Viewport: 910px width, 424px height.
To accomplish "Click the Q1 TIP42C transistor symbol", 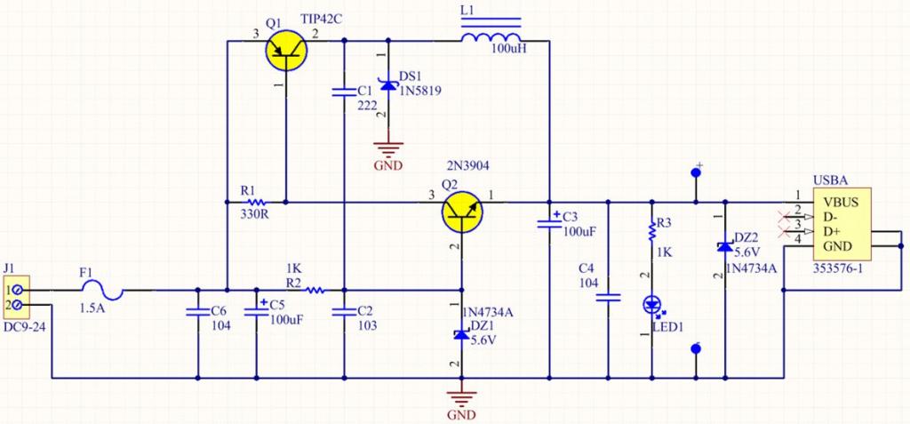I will point(288,51).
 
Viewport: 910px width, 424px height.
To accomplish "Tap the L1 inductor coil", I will point(491,37).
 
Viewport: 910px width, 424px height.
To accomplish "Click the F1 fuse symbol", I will point(101,289).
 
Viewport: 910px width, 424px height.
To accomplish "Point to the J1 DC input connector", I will point(18,298).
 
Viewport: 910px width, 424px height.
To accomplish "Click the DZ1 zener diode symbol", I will point(461,334).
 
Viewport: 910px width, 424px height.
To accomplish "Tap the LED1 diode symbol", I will point(653,305).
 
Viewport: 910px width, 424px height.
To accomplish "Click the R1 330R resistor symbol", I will point(248,202).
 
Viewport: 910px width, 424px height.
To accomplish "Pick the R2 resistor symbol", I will point(314,290).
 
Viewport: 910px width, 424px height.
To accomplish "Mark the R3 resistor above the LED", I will point(653,231).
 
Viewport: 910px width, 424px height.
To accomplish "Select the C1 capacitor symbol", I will point(343,91).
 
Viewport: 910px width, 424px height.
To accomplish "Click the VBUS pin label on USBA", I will point(841,202).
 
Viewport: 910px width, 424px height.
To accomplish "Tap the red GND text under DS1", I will point(387,165).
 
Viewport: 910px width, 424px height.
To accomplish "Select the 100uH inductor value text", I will point(508,50).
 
